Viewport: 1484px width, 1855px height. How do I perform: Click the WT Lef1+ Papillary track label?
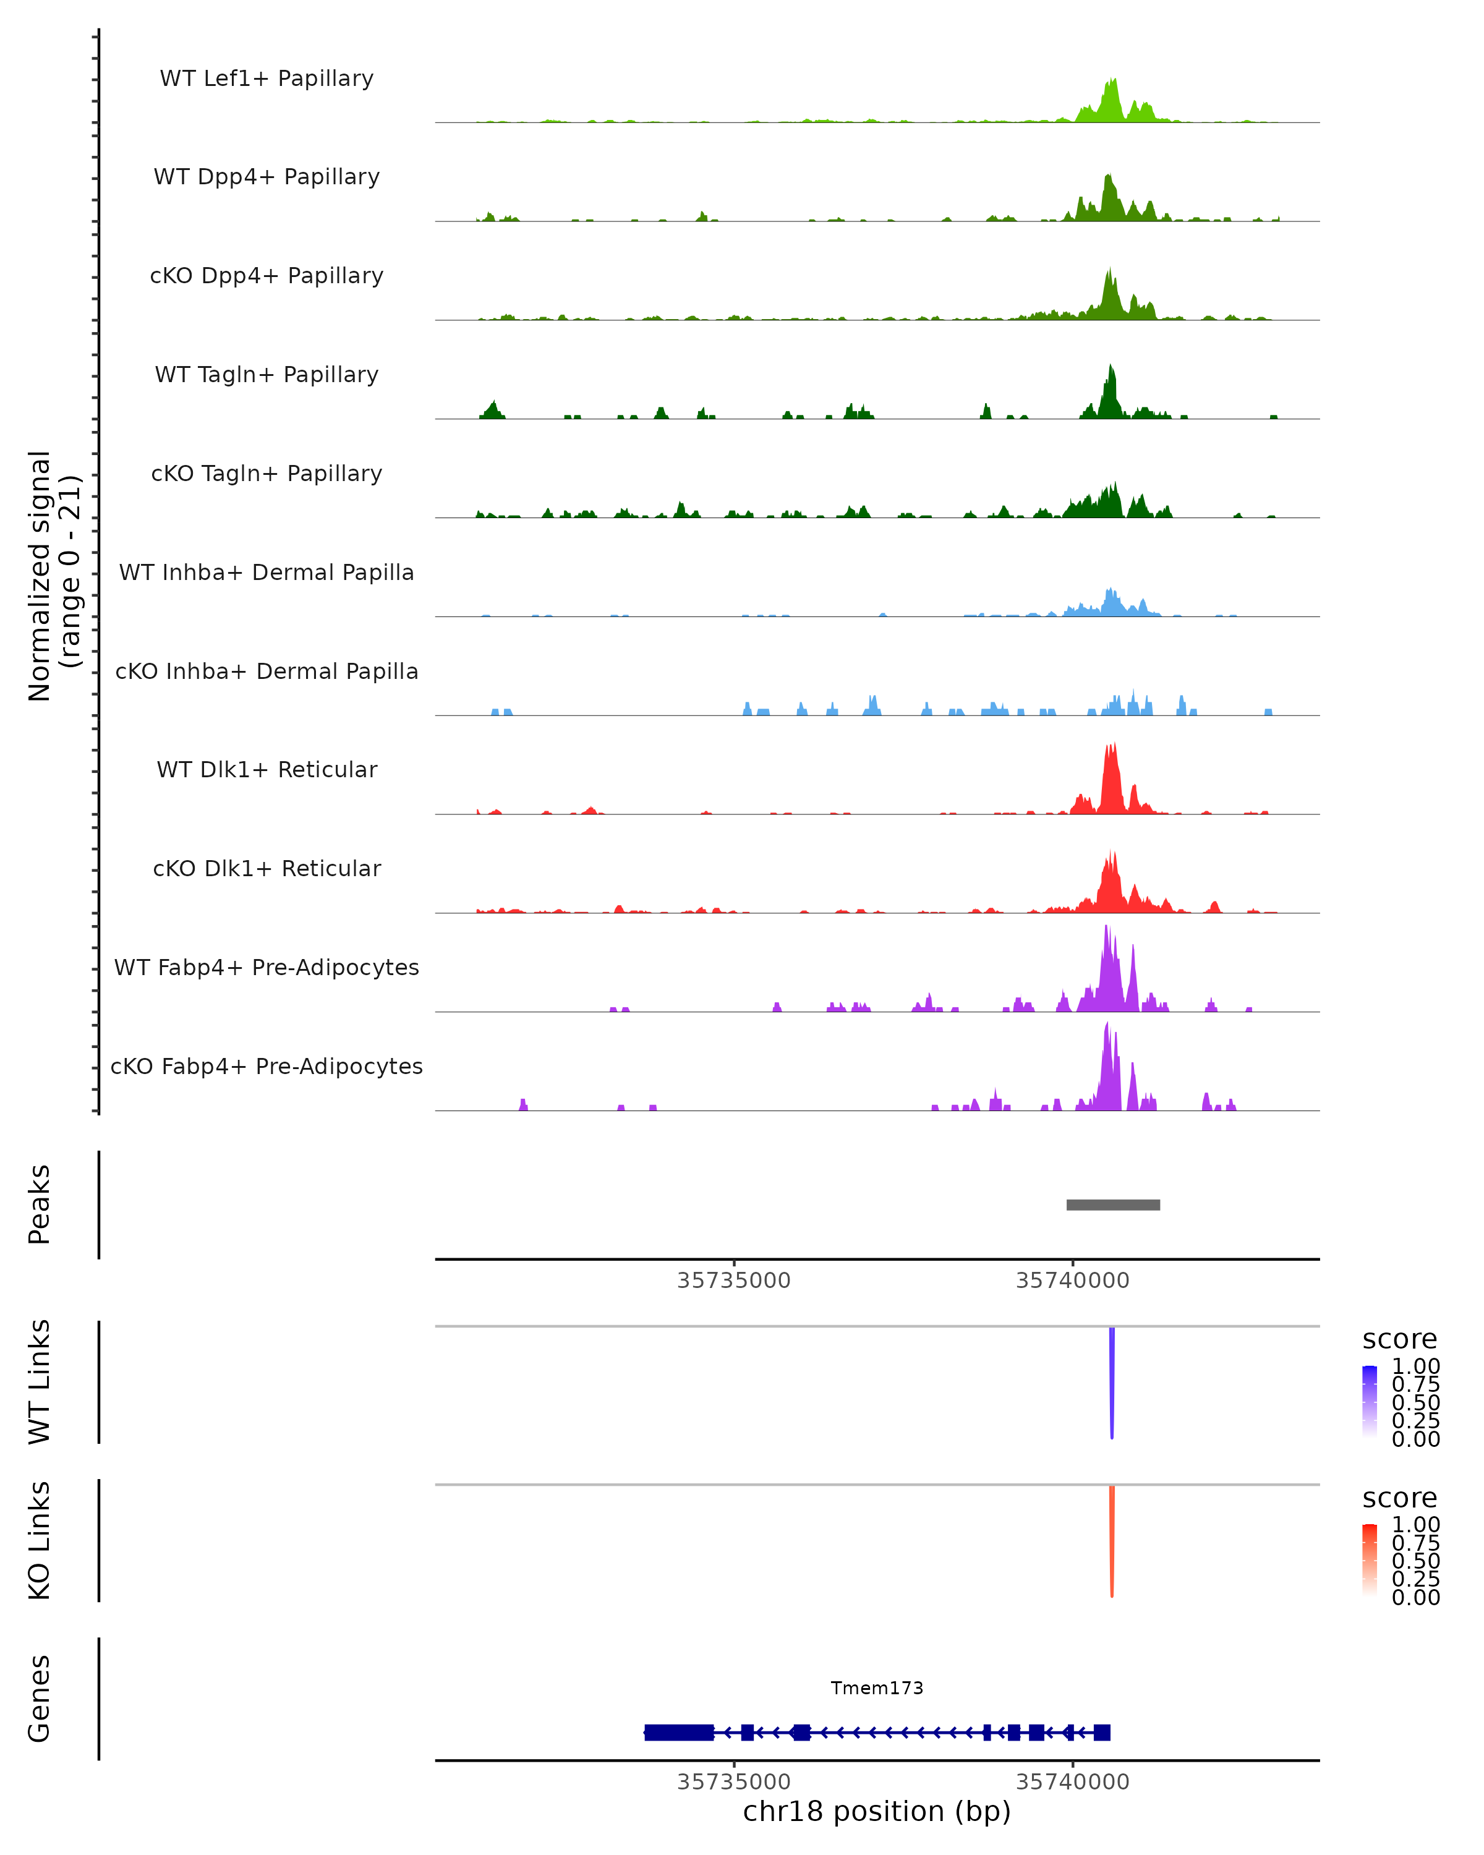267,79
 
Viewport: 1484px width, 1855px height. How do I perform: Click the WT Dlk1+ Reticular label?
267,769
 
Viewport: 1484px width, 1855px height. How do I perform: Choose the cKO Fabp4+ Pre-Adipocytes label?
267,1066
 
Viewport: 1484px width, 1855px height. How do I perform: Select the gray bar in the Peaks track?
1113,1205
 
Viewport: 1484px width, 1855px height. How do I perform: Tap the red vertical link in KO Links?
1112,1541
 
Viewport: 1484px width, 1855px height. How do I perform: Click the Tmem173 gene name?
877,1688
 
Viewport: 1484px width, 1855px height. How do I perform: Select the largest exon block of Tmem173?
679,1732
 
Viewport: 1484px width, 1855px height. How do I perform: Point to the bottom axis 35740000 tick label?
1072,1782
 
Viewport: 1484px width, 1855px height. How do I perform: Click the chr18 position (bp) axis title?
877,1812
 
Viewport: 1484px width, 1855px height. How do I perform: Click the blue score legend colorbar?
1370,1402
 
